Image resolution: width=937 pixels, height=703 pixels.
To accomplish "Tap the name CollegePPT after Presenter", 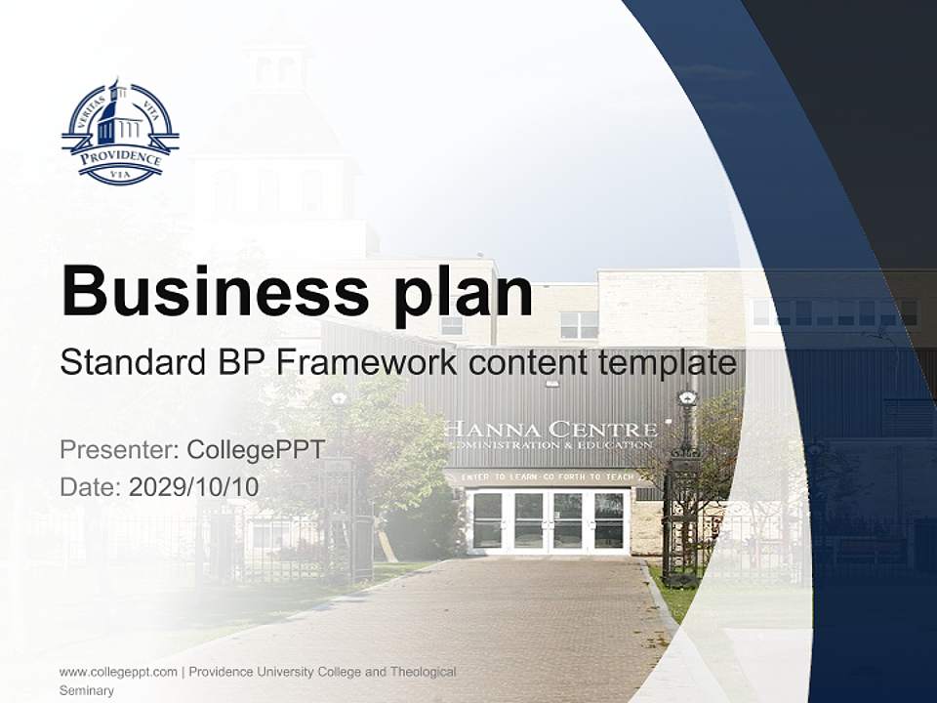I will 255,450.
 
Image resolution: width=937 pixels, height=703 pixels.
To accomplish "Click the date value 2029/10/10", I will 194,486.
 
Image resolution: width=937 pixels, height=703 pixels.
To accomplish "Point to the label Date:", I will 91,486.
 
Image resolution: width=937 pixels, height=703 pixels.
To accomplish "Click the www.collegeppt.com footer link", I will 118,672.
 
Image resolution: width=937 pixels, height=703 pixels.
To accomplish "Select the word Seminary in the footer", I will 87,690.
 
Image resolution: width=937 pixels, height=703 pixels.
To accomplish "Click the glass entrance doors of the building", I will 549,520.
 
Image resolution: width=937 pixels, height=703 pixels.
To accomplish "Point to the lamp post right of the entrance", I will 686,469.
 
